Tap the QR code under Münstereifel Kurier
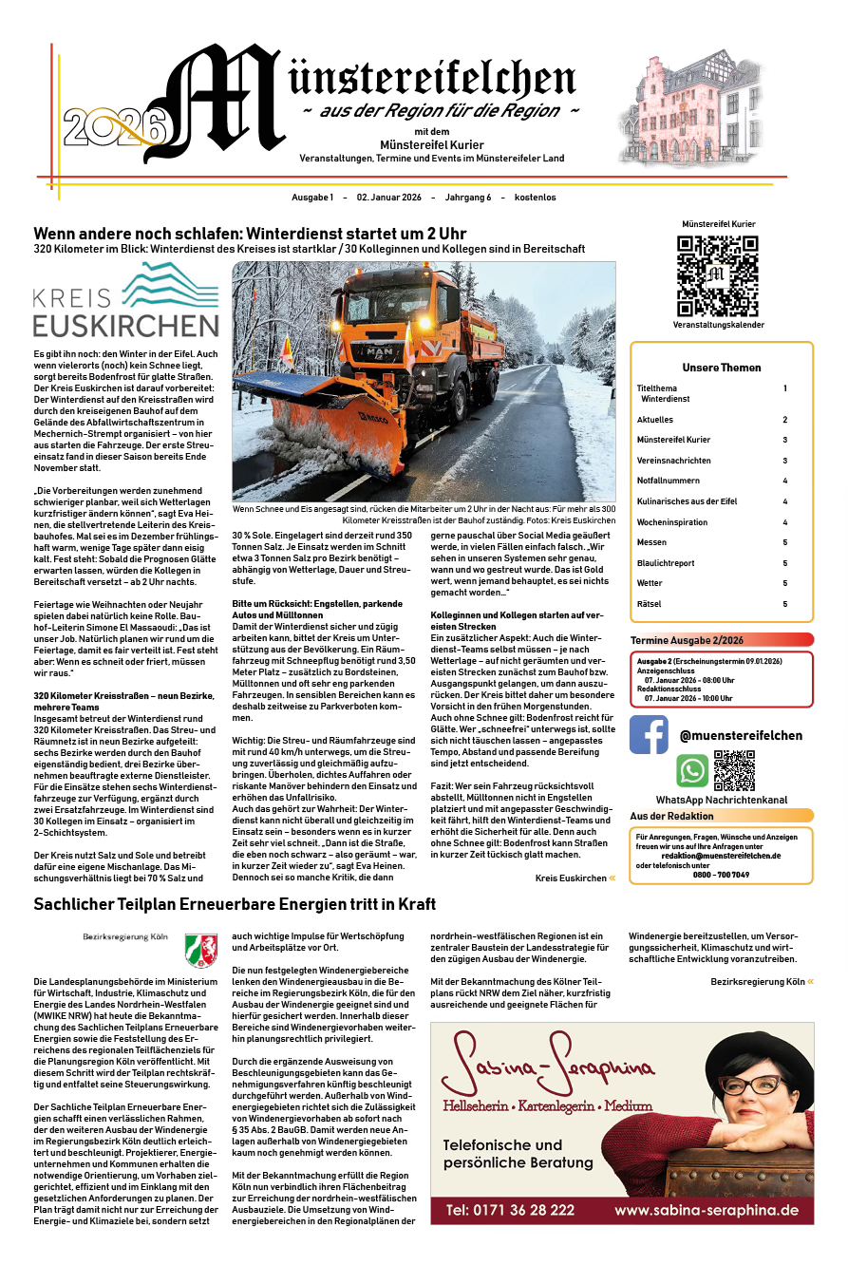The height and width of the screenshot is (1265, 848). click(x=718, y=275)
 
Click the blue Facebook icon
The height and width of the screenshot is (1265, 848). click(x=650, y=734)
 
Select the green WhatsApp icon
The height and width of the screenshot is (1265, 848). click(x=692, y=770)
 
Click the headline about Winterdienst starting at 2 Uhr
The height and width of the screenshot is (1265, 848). click(x=250, y=234)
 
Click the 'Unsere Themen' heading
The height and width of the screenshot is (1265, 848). click(x=721, y=368)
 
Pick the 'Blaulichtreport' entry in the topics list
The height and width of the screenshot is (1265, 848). click(x=666, y=563)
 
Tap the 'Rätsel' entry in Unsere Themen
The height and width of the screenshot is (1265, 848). click(x=649, y=604)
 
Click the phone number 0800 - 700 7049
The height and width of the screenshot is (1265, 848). click(x=721, y=875)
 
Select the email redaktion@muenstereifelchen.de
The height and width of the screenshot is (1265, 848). click(x=722, y=856)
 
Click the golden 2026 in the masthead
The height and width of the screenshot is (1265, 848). click(x=115, y=123)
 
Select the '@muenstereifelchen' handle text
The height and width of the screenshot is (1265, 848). click(x=741, y=735)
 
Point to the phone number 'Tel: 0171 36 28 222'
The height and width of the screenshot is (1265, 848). click(x=510, y=1211)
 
